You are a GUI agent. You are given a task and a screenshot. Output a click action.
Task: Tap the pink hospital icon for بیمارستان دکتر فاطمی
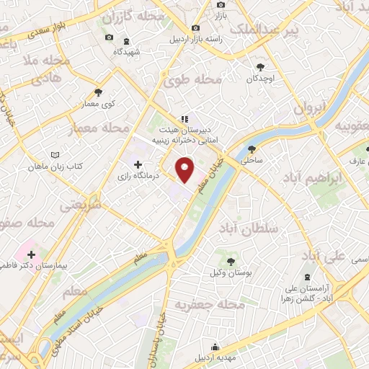point(32,254)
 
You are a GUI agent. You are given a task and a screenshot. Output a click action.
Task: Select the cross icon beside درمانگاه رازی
point(138,165)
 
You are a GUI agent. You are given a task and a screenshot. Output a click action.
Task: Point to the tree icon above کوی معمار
point(99,92)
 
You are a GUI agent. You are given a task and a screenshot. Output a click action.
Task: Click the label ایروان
point(310,107)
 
